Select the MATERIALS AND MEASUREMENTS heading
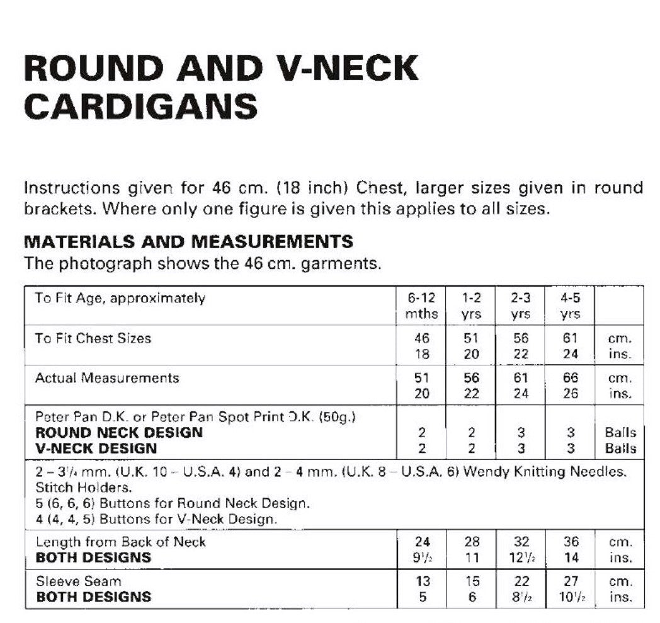[x=188, y=241]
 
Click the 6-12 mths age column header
[x=422, y=306]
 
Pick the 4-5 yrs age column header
[x=570, y=306]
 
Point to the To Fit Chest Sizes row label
[x=93, y=338]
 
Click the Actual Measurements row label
[x=107, y=378]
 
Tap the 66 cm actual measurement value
[x=571, y=378]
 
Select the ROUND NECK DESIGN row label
[x=119, y=433]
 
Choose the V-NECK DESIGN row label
[x=96, y=449]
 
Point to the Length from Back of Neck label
[x=120, y=542]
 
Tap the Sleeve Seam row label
[x=78, y=581]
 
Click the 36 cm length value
[x=571, y=542]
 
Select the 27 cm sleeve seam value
[x=571, y=581]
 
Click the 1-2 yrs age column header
[x=471, y=306]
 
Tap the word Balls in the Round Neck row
[x=621, y=433]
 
